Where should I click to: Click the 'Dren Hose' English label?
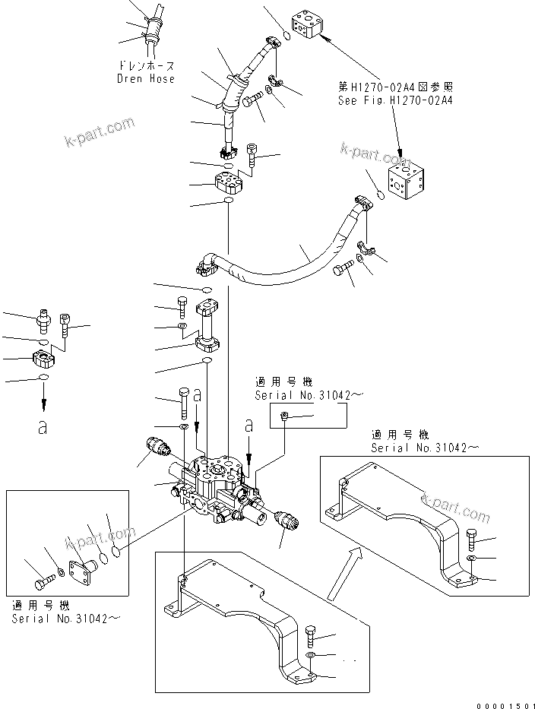click(x=145, y=78)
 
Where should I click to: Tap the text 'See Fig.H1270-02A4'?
click(x=395, y=100)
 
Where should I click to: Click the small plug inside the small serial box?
click(x=284, y=415)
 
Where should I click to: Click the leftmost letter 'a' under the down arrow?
click(x=43, y=427)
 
